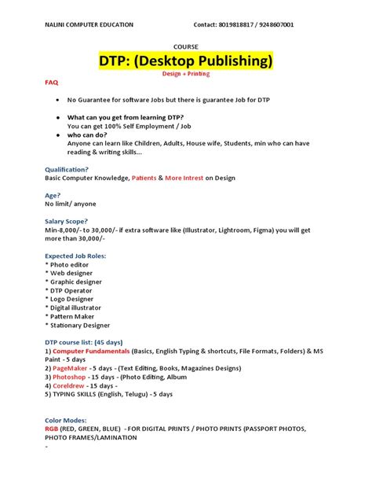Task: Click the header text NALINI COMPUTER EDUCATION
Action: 89,24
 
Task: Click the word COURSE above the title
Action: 185,46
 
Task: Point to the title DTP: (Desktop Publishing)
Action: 186,61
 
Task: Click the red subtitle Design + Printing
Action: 186,74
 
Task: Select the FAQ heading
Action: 51,82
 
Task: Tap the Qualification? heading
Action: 67,169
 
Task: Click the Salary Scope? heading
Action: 67,222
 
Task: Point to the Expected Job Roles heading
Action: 77,256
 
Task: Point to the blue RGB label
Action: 52,429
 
